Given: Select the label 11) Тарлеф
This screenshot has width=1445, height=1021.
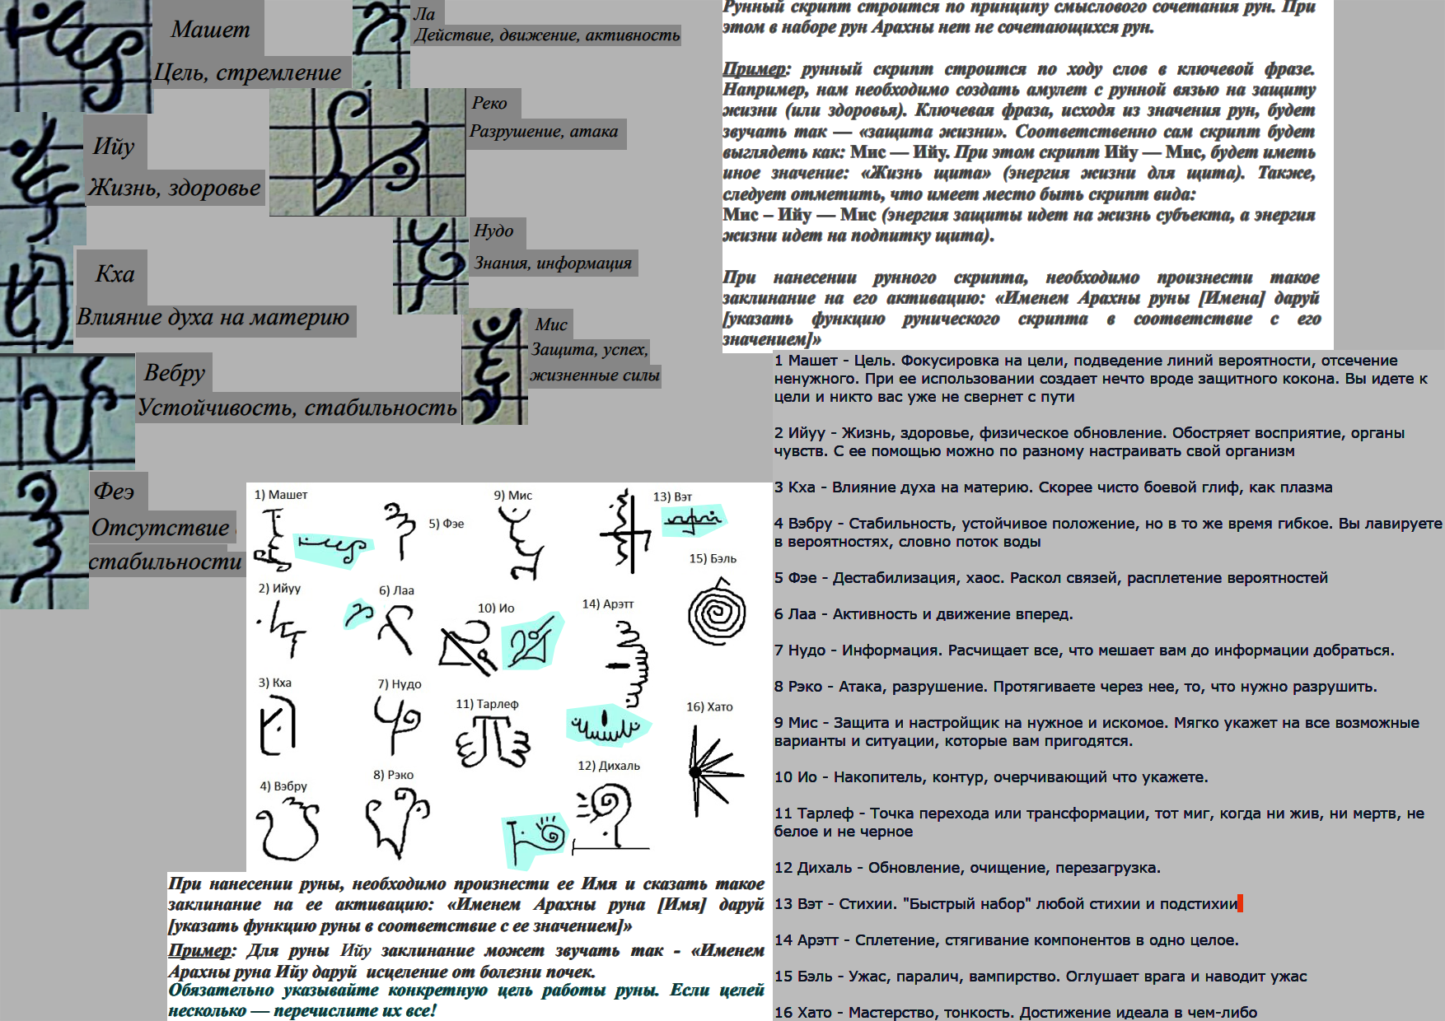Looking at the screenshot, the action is tap(487, 704).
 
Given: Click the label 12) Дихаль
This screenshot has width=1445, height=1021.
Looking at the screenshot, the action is tap(609, 766).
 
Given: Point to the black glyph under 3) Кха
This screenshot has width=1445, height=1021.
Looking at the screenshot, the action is tap(277, 725).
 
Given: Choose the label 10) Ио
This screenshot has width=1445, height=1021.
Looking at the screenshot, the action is tap(496, 608).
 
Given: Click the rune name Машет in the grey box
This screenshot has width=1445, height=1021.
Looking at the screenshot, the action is tap(210, 30).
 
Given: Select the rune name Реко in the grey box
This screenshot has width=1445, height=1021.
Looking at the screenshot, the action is tap(489, 103).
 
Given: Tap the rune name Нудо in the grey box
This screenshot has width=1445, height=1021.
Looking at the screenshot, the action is tap(493, 231).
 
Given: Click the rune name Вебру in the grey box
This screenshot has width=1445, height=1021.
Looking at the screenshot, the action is tap(175, 373).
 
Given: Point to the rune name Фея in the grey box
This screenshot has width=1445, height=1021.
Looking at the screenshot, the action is tap(114, 492).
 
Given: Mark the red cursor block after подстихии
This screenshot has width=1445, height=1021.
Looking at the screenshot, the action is tap(1241, 903).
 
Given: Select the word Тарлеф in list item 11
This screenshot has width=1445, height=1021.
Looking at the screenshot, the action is tap(825, 814).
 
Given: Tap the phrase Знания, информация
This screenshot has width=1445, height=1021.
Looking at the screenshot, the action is tap(553, 263).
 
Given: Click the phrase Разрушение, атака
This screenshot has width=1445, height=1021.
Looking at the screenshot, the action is tap(544, 131).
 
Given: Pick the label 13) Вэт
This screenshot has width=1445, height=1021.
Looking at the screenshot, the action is tap(672, 497).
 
